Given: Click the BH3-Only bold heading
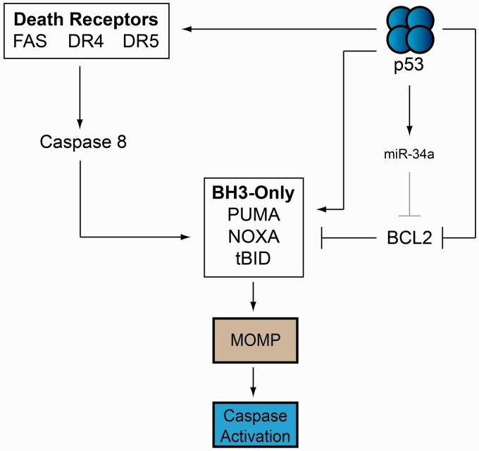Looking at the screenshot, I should [x=254, y=191].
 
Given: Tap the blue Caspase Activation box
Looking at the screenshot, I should [x=254, y=423].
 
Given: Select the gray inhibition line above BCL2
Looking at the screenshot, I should [x=409, y=197].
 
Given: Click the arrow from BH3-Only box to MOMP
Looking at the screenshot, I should [x=254, y=296].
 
